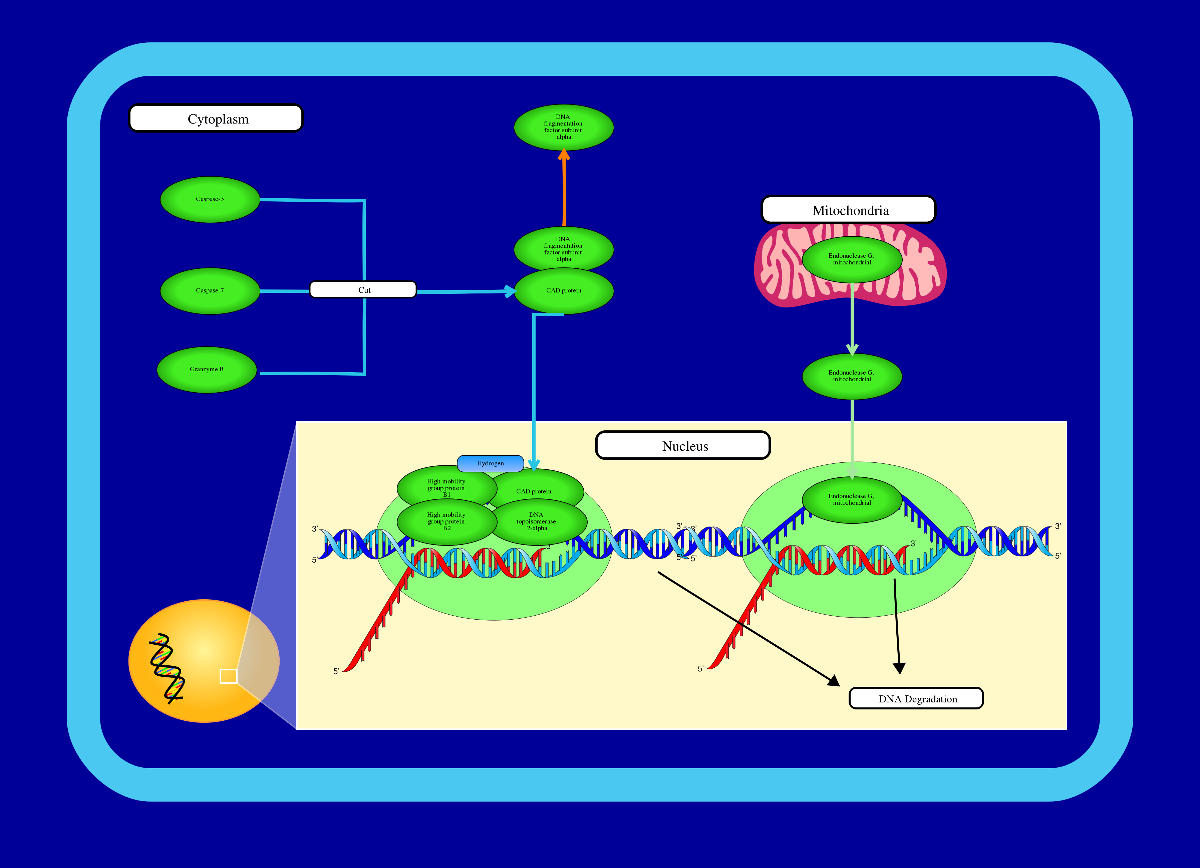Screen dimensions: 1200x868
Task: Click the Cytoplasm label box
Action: [216, 118]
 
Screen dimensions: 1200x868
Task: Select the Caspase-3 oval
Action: [210, 200]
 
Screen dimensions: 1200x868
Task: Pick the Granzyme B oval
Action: [207, 370]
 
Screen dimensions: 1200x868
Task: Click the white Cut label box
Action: [363, 289]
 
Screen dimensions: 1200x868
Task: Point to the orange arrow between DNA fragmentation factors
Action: [564, 188]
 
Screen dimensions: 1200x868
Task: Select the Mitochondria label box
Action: [848, 210]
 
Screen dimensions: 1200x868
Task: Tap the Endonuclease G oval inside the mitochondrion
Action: [852, 259]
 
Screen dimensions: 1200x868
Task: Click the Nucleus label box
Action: [683, 445]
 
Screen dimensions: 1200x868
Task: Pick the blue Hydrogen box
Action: [491, 463]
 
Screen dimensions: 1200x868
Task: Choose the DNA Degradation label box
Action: [916, 698]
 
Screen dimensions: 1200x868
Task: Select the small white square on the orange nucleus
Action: [229, 676]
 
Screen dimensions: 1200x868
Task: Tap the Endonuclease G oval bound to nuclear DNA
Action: [852, 500]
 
